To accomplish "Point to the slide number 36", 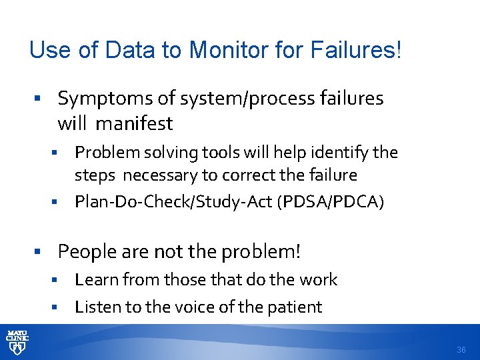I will click(461, 349).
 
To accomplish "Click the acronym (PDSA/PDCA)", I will click(336, 201).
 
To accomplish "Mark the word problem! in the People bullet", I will click(264, 251).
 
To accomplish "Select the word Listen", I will click(95, 307).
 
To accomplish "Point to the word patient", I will click(294, 307).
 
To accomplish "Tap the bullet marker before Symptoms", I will click(39, 99).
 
